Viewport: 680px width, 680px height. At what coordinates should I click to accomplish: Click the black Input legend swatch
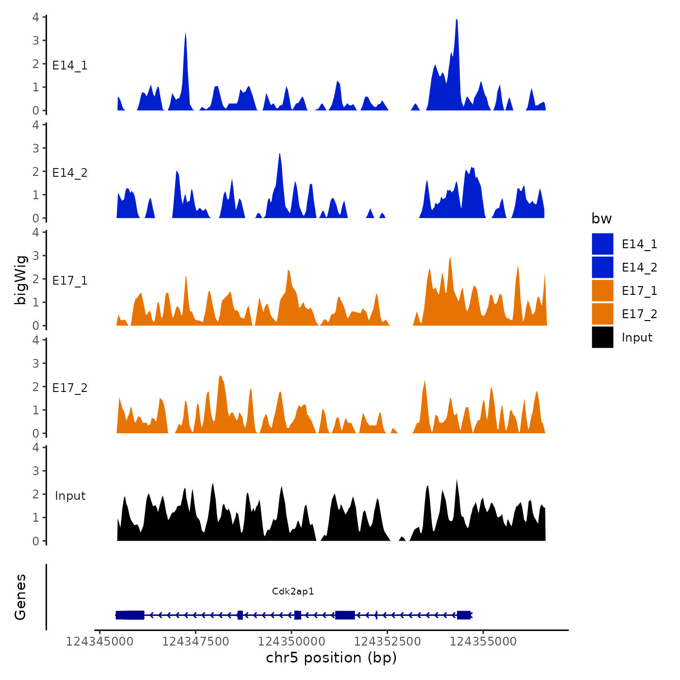(602, 337)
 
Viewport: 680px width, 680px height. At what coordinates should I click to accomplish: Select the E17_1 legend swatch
(602, 290)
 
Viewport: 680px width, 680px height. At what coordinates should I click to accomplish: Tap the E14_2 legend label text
(639, 268)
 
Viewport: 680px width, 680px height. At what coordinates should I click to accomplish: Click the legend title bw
(601, 219)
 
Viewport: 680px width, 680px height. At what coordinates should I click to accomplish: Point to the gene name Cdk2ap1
(293, 591)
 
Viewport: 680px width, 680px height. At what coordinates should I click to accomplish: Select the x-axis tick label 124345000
(100, 642)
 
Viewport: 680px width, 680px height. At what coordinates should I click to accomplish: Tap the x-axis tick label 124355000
(483, 642)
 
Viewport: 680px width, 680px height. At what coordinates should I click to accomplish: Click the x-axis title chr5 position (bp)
(331, 658)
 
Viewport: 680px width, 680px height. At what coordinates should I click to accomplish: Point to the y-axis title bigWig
(20, 280)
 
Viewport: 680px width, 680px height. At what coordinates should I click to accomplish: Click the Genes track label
(20, 597)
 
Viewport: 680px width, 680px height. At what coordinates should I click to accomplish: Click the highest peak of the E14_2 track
(280, 155)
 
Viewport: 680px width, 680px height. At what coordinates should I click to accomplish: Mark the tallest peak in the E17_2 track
(221, 377)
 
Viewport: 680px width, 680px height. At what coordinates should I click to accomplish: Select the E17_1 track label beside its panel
(70, 281)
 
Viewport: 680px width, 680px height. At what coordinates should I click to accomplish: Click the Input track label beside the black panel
(70, 496)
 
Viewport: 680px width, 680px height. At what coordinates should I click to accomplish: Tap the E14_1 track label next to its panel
(70, 66)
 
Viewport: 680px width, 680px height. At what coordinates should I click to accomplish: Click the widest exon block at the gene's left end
(130, 615)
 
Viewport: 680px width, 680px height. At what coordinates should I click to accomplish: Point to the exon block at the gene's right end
(464, 615)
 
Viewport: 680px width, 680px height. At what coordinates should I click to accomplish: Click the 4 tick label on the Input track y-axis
(36, 447)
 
